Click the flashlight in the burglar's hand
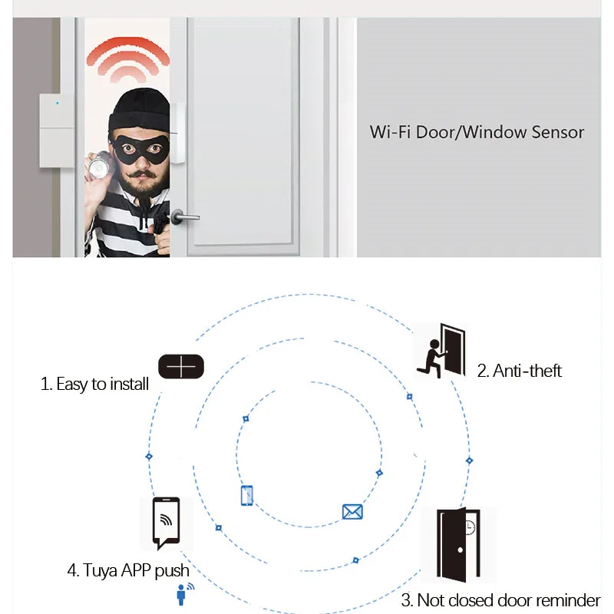(99, 165)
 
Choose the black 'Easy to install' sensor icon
(182, 367)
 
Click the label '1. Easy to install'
(94, 385)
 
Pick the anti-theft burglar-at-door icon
(441, 350)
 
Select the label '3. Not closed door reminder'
(500, 600)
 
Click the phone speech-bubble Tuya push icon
(166, 523)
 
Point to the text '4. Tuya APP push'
(128, 571)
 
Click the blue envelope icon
(352, 512)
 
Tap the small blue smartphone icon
(247, 495)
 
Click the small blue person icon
(183, 593)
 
